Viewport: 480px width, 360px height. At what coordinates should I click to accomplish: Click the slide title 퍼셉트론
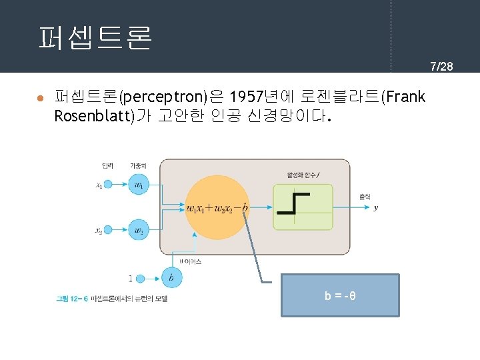click(x=95, y=38)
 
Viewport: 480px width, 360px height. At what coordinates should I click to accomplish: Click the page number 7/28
click(x=441, y=66)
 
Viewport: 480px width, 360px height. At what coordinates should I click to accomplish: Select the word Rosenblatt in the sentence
click(x=93, y=117)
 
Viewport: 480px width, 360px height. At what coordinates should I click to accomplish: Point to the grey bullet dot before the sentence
click(x=40, y=98)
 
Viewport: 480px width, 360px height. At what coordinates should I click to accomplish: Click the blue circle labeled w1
click(x=139, y=184)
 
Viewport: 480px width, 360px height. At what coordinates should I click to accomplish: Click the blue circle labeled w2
click(x=139, y=231)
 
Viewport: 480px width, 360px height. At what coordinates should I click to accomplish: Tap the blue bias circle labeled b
click(x=172, y=277)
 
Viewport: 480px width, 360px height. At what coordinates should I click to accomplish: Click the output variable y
click(x=376, y=208)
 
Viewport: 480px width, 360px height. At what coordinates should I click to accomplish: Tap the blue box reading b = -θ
click(x=340, y=295)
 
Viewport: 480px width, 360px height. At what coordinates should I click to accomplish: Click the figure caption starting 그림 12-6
click(x=111, y=299)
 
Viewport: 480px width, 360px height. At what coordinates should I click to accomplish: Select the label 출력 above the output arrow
click(x=365, y=196)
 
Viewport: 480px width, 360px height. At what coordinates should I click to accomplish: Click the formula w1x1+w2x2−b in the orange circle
click(x=217, y=208)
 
